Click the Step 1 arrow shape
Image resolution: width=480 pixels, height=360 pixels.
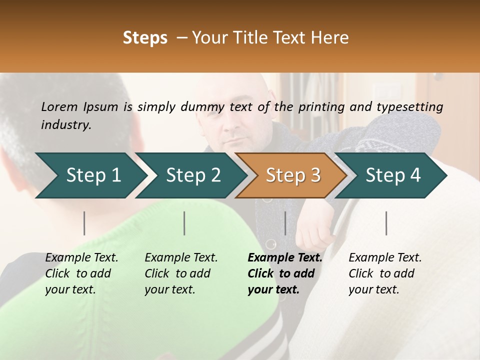pos(90,175)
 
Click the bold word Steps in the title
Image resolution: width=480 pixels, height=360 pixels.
pos(145,38)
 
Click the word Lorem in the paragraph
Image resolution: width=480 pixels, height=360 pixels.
pos(59,106)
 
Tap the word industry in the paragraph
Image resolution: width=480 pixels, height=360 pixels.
pos(66,124)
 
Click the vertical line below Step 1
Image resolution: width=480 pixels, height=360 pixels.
pos(84,223)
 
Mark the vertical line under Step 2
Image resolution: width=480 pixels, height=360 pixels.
pos(184,223)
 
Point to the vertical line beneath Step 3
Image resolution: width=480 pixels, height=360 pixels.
pos(285,223)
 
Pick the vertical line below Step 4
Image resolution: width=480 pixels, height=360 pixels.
pos(386,223)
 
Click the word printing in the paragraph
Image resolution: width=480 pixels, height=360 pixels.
pos(321,106)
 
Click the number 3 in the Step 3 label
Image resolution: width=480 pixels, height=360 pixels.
pos(315,175)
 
